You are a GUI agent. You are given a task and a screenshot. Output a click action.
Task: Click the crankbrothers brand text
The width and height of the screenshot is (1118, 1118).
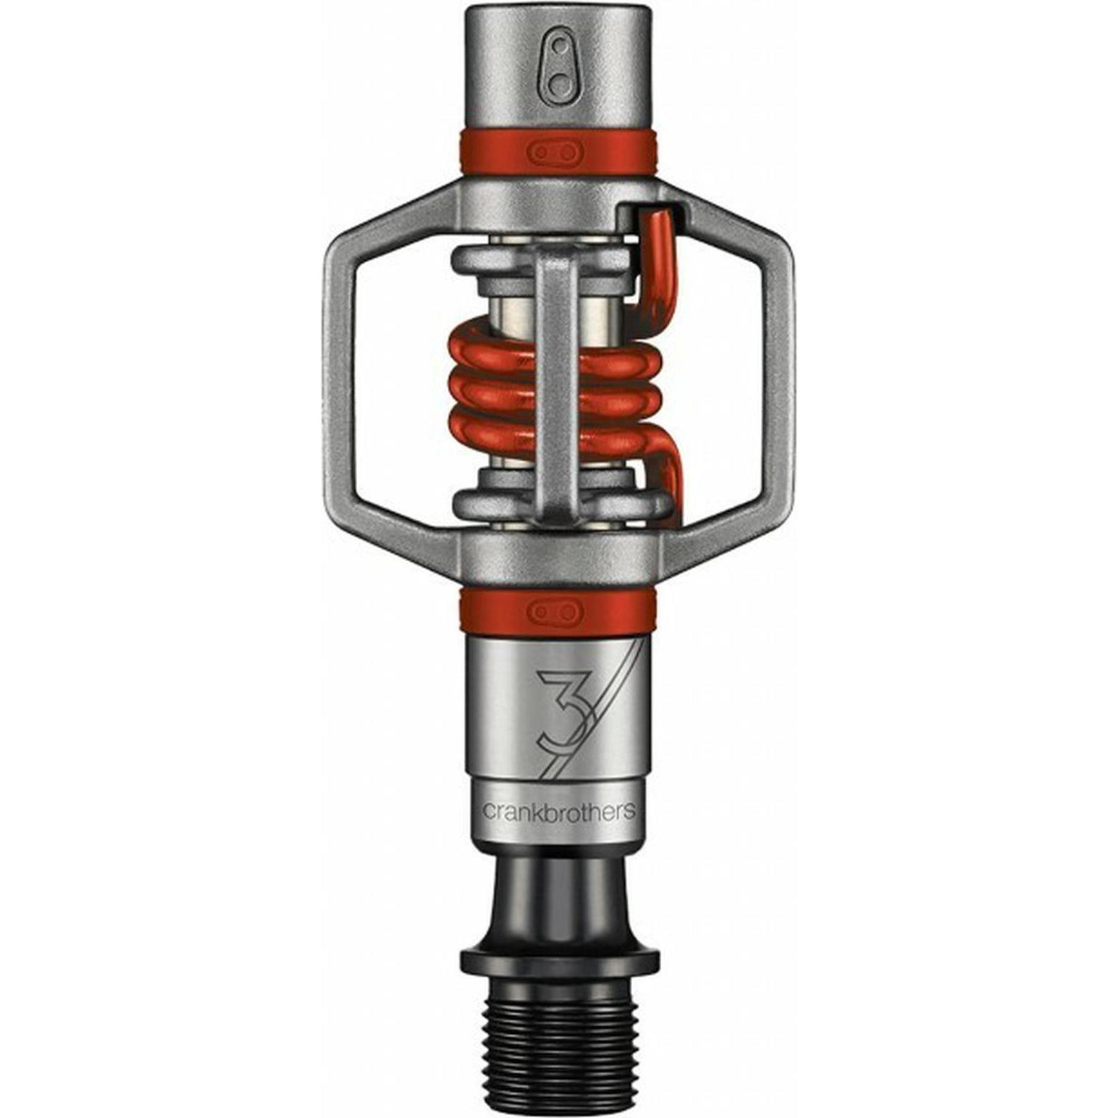[x=558, y=810]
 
